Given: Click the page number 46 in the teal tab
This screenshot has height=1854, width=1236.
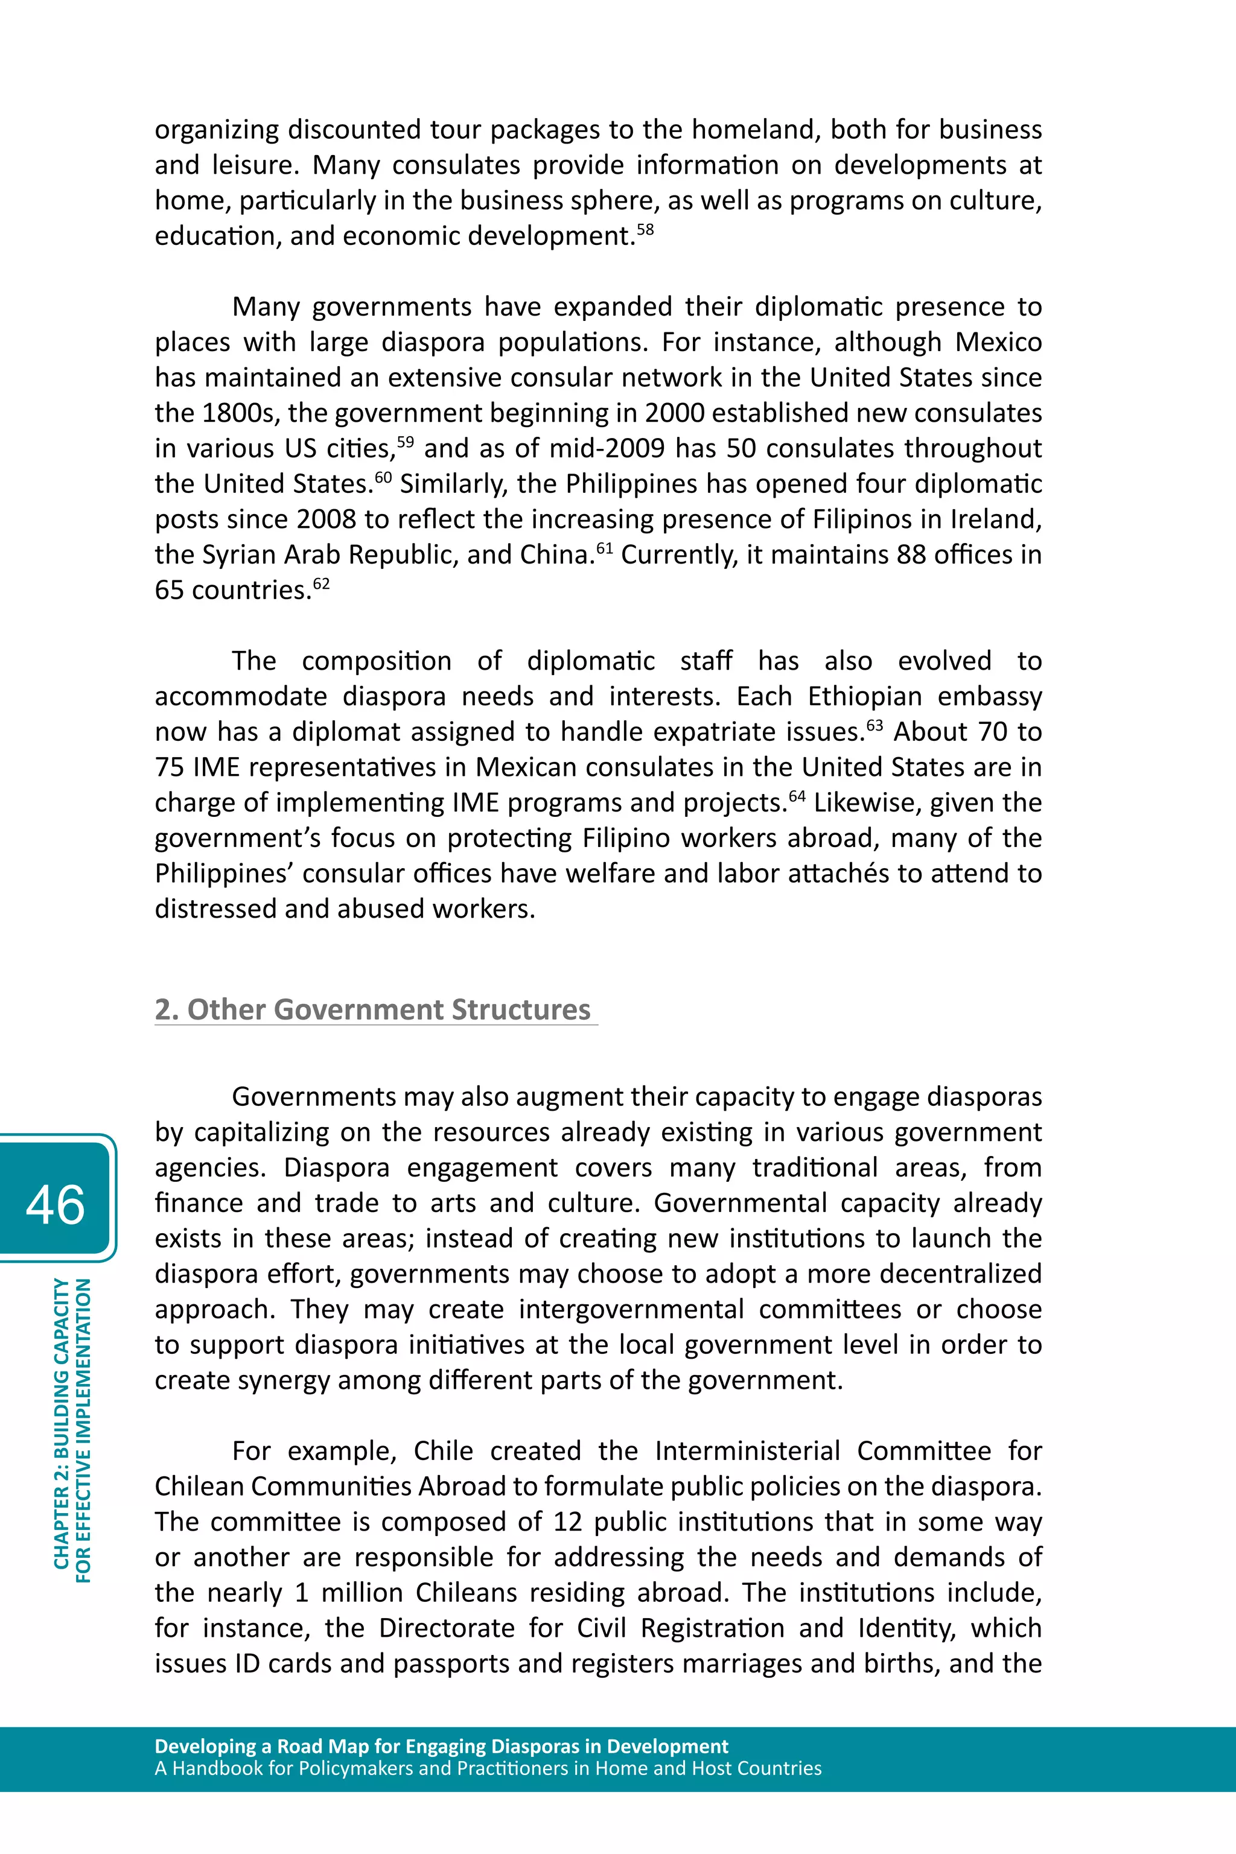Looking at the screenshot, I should tap(55, 1205).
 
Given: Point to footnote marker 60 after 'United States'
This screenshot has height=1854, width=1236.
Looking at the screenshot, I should tap(383, 477).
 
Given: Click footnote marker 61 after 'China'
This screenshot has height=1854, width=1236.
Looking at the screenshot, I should tap(605, 548).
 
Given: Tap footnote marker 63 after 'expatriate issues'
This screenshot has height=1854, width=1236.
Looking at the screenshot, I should tap(875, 725).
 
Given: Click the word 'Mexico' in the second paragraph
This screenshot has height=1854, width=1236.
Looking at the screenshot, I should tap(998, 342).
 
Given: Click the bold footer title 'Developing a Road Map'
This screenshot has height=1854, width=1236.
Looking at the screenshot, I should tap(441, 1747).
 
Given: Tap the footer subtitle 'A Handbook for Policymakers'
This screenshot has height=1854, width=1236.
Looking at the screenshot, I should tap(487, 1768).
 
